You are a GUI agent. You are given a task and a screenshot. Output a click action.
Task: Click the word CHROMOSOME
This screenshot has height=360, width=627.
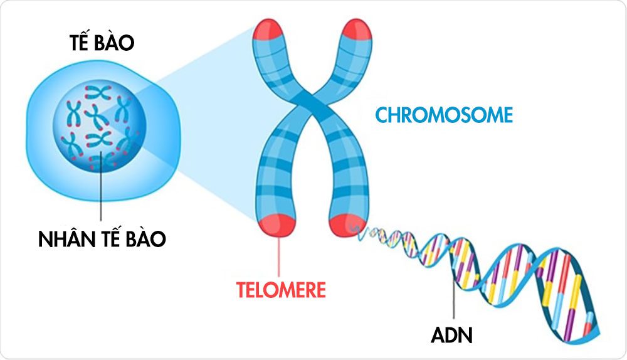pyautogui.click(x=444, y=115)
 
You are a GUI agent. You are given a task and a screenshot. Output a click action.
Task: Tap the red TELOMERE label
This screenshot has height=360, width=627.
pyautogui.click(x=282, y=290)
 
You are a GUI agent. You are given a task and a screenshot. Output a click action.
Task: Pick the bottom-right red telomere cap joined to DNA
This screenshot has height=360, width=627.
pyautogui.click(x=344, y=223)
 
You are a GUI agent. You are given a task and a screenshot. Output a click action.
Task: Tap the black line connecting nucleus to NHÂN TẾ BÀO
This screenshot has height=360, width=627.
pyautogui.click(x=100, y=194)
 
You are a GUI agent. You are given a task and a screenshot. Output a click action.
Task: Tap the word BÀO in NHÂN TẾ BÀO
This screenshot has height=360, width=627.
pyautogui.click(x=144, y=238)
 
